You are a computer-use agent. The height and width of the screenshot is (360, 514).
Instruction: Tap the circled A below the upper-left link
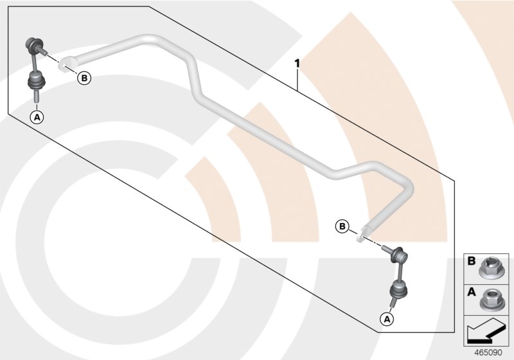pos(37,116)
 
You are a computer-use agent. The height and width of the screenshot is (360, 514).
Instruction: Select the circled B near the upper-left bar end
pos(84,78)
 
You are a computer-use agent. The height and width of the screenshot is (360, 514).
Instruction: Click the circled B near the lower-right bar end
pos(342,226)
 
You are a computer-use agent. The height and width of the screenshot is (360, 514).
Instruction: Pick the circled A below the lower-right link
pos(387,318)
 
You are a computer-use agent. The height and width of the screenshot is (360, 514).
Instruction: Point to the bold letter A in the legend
pos(471,292)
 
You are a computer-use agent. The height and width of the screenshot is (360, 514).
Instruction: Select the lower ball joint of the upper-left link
pos(35,82)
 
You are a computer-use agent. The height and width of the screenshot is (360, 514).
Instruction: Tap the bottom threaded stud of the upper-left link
pos(37,96)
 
